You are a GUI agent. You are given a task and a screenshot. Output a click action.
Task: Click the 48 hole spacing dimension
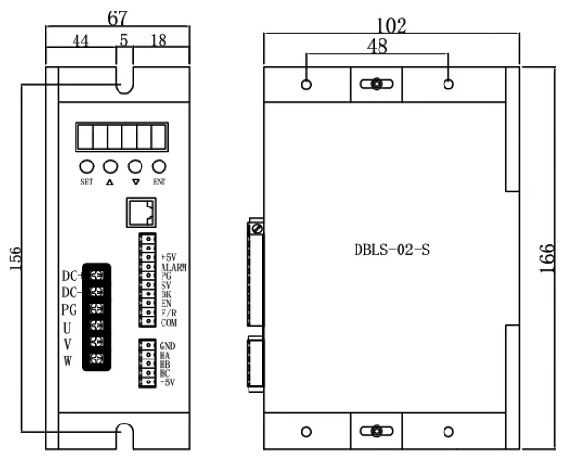tap(378, 44)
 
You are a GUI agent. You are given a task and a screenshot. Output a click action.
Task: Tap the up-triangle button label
tap(109, 181)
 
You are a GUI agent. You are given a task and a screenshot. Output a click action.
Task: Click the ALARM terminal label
tap(174, 268)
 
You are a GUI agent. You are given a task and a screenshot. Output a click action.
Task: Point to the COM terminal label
tap(169, 323)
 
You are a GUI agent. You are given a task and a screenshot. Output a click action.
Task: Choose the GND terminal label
tap(168, 346)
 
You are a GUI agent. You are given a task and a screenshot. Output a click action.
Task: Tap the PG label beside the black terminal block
tap(69, 310)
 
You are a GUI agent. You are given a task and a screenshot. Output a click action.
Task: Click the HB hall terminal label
tap(166, 364)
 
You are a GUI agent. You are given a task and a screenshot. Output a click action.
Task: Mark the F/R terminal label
tap(169, 314)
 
